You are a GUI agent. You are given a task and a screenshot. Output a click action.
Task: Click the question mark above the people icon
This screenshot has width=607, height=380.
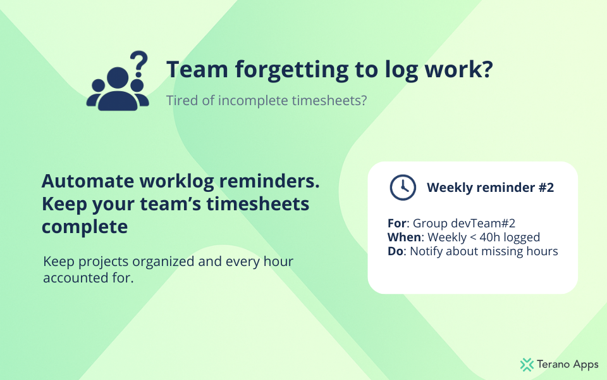139,64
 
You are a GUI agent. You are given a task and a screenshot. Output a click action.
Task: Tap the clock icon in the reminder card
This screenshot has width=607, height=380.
403,187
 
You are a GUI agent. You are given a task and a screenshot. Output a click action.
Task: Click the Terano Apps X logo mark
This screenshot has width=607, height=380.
527,365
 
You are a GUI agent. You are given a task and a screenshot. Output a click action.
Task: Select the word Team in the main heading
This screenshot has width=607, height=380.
197,69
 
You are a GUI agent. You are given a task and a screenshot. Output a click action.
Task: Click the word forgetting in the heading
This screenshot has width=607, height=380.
291,70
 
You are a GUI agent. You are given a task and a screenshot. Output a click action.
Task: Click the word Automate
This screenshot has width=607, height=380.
87,181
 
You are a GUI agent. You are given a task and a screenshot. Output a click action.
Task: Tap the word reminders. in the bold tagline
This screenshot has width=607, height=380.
269,181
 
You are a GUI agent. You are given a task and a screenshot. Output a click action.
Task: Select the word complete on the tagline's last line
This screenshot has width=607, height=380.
85,227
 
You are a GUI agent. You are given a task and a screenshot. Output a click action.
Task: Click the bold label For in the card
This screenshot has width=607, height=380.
397,224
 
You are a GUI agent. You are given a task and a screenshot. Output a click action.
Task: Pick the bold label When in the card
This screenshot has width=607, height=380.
404,237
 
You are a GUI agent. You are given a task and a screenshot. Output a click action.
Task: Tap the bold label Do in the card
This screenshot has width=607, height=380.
395,251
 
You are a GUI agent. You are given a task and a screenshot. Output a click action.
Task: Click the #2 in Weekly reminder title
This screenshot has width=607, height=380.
546,187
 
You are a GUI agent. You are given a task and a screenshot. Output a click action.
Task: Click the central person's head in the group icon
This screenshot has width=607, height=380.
118,77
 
